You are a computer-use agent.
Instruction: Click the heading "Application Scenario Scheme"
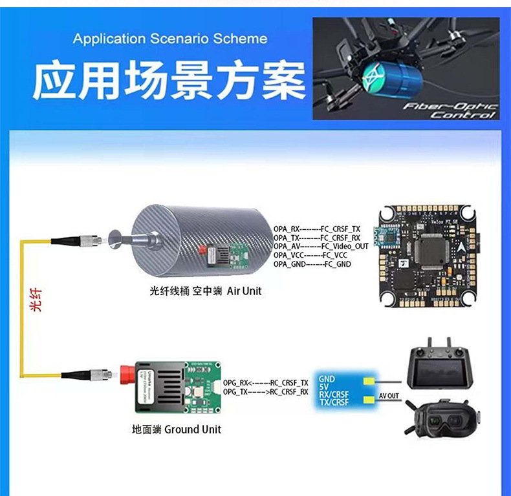pyautogui.click(x=169, y=39)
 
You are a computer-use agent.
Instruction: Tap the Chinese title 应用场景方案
pyautogui.click(x=169, y=81)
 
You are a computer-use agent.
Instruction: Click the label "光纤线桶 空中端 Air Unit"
pyautogui.click(x=206, y=291)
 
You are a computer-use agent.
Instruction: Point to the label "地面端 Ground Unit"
pyautogui.click(x=176, y=429)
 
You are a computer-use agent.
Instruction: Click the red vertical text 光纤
pyautogui.click(x=36, y=302)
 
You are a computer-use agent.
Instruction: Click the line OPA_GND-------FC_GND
pyautogui.click(x=312, y=263)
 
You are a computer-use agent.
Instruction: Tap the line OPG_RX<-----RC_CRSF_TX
pyautogui.click(x=265, y=382)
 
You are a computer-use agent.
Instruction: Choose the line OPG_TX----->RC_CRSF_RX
pyautogui.click(x=265, y=391)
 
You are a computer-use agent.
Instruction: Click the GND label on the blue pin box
pyautogui.click(x=327, y=378)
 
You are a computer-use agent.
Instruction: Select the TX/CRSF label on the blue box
pyautogui.click(x=334, y=403)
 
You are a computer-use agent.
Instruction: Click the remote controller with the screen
pyautogui.click(x=445, y=368)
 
